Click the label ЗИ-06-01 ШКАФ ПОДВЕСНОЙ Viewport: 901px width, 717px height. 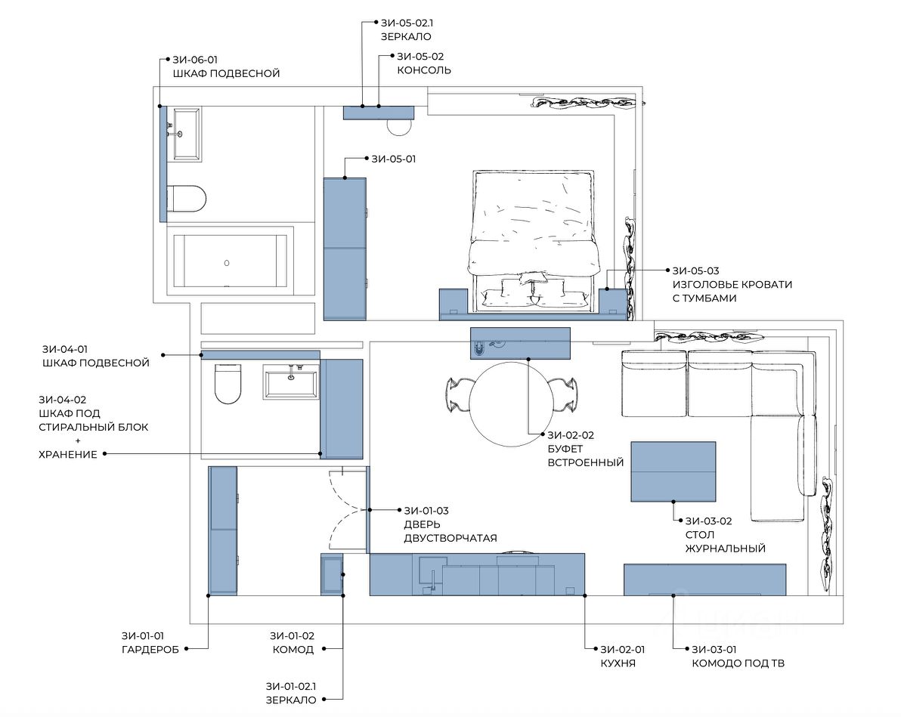coord(227,66)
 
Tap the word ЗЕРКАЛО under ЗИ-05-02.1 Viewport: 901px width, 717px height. coord(406,37)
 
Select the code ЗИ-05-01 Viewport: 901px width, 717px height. coord(393,159)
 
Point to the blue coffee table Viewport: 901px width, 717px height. coord(673,471)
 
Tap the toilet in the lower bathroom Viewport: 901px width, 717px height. coord(228,383)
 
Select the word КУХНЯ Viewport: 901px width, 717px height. coord(618,663)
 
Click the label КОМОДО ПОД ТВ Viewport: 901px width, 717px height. coord(738,663)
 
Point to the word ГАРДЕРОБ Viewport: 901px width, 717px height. coord(150,650)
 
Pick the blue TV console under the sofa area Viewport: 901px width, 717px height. coord(705,579)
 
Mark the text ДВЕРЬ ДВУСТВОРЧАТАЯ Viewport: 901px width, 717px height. coord(450,531)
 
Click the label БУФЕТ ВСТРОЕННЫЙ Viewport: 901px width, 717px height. coord(585,456)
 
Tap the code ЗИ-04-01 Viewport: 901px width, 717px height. coord(65,349)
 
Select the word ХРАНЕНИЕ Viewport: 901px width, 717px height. coord(68,454)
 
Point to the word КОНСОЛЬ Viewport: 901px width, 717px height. coord(424,71)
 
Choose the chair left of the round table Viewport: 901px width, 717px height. coord(459,396)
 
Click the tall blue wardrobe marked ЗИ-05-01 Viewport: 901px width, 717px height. coord(345,249)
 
